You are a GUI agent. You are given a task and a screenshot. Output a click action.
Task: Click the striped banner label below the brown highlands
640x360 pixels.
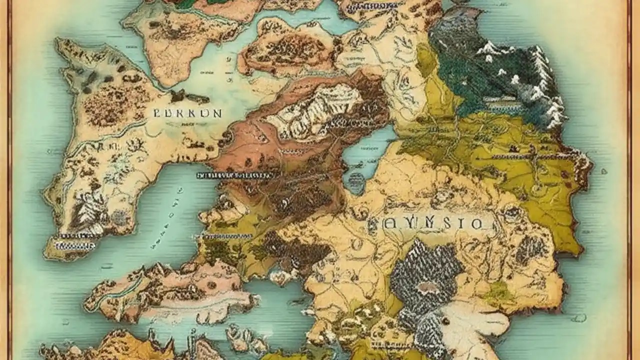(x=235, y=175)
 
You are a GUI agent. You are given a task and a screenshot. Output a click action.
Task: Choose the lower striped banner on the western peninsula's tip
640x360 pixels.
(x=75, y=245)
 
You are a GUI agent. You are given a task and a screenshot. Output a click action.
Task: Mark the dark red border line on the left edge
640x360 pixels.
(x=9, y=180)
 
